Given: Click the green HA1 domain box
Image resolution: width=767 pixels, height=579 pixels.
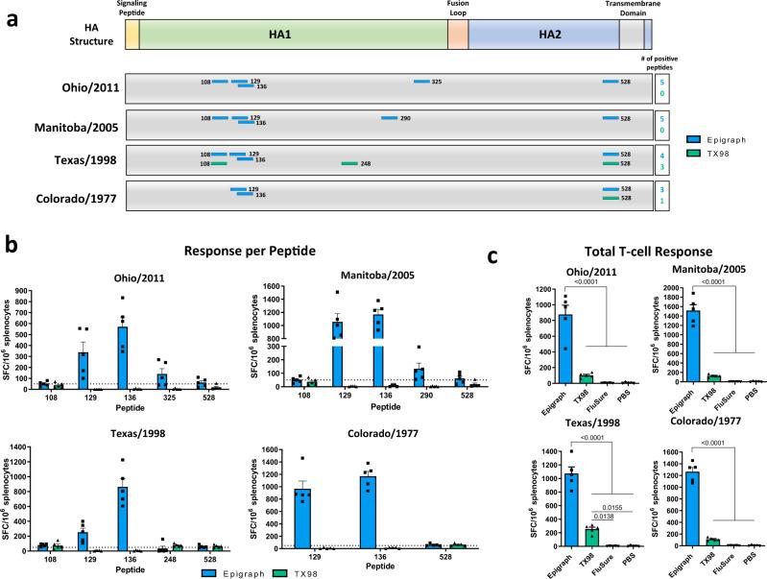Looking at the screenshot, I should pos(293,34).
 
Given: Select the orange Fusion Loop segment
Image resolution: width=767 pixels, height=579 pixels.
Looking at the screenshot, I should pos(458,34).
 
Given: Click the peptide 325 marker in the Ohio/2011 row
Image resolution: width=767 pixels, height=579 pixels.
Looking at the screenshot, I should pos(421,82).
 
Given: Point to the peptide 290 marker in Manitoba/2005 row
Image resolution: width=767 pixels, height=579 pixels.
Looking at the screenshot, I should pos(389,118).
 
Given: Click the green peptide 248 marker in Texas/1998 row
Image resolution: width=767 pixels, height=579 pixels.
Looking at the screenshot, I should pos(349,163).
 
